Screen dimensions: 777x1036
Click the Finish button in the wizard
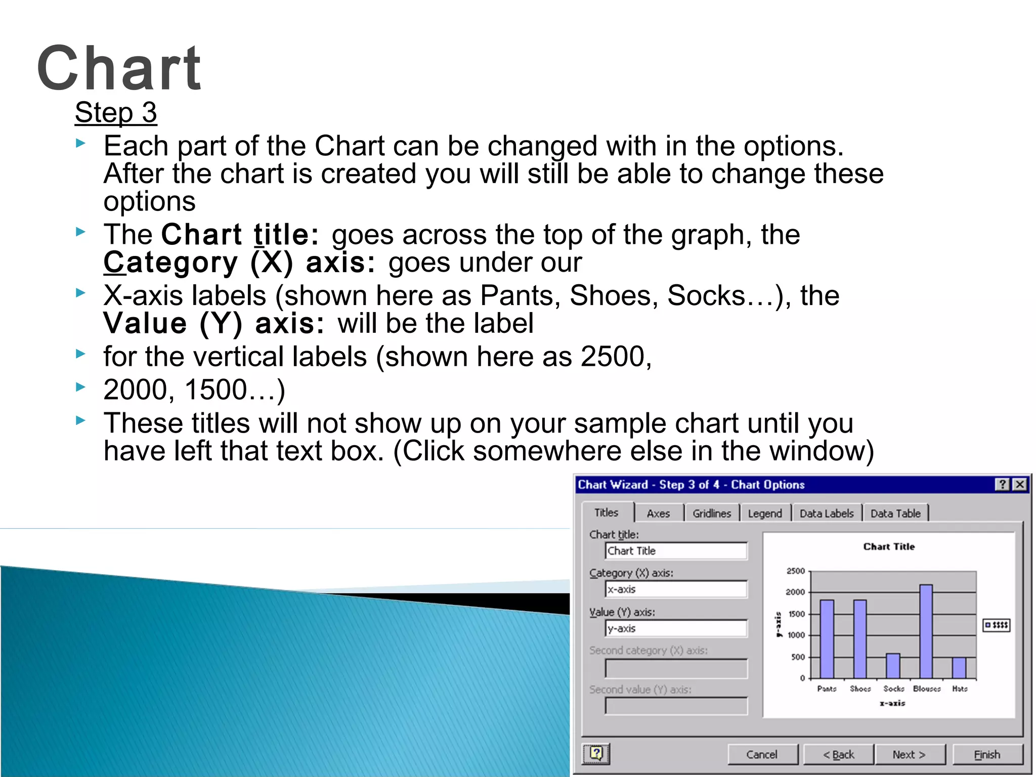[987, 754]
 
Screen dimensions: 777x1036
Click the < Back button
[838, 754]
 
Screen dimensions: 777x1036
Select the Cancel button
[762, 754]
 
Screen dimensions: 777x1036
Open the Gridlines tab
[711, 513]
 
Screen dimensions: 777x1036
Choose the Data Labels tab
[826, 513]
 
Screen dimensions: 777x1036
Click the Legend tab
[764, 513]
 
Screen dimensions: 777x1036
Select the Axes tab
[658, 513]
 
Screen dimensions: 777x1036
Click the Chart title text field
[675, 550]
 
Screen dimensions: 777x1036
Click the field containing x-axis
[675, 589]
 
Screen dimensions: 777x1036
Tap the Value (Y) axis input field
[675, 628]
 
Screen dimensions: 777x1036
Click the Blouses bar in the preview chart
[926, 632]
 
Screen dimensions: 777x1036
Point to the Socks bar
[893, 666]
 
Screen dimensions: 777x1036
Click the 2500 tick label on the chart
[795, 571]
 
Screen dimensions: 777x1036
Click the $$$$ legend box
[996, 625]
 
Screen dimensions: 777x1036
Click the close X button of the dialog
[1020, 484]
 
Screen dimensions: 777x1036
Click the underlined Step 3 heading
[116, 112]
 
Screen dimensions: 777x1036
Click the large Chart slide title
[119, 68]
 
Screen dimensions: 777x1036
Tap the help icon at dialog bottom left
[596, 754]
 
